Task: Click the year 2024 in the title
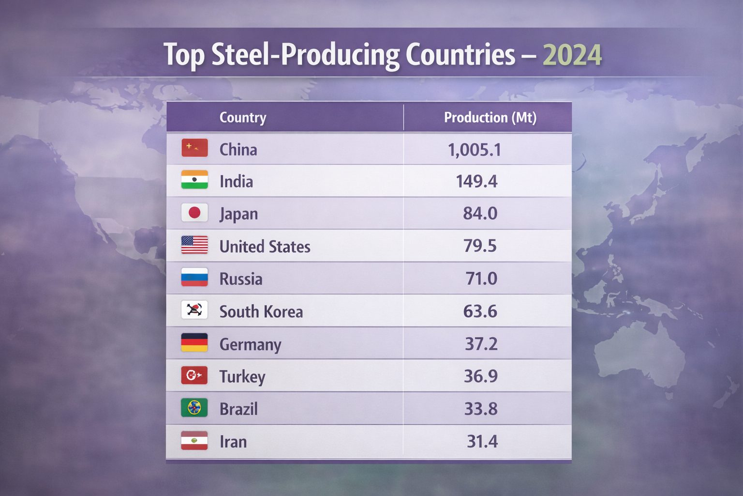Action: (572, 55)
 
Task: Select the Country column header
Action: (243, 117)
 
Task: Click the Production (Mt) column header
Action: (490, 117)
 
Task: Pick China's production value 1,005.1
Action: (475, 150)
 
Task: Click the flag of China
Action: (194, 148)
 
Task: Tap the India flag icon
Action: (194, 180)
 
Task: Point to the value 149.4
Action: (476, 182)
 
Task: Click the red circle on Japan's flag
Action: (194, 212)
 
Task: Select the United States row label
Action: (265, 247)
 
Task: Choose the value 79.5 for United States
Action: (480, 246)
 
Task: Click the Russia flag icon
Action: (194, 277)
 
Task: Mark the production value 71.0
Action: (481, 279)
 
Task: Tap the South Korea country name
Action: (261, 311)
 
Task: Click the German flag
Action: (194, 342)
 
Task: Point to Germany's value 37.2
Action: (481, 344)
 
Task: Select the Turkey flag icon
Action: (194, 375)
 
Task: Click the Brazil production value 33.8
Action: (481, 409)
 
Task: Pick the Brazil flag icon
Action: (194, 408)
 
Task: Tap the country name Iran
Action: (233, 442)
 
